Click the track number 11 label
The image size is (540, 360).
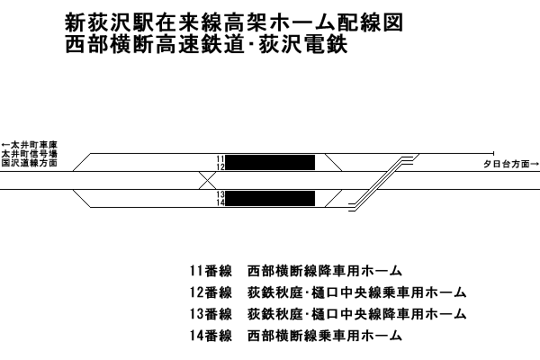pos(220,158)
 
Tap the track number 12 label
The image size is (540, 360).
pos(220,166)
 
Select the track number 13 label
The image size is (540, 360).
pos(220,194)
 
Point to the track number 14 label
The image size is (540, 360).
pos(220,202)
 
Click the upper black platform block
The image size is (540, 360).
pos(270,163)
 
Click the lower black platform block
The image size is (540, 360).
pos(270,198)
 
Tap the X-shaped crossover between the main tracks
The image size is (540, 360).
pos(207,180)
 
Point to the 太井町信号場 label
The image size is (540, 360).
pos(30,154)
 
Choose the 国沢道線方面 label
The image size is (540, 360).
pos(30,163)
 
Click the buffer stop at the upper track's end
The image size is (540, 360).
pos(494,153)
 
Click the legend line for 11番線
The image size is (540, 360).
pos(296,271)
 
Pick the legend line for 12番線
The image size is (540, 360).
pos(328,292)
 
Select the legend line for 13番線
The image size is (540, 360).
pos(328,314)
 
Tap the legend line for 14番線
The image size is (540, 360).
pos(296,335)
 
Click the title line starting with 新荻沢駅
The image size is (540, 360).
pos(234,23)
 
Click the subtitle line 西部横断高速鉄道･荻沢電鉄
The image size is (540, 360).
pos(206,45)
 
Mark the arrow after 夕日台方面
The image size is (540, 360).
pos(535,164)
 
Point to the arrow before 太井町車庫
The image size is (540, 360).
pos(6,145)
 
